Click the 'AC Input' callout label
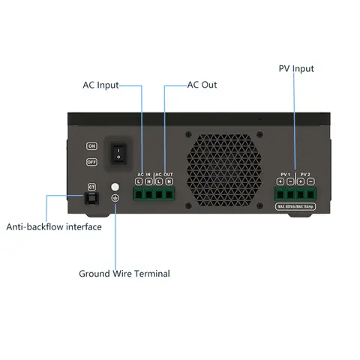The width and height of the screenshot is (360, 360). (100, 85)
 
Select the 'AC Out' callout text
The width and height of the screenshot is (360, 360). (202, 85)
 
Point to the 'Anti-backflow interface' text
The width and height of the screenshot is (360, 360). (54, 226)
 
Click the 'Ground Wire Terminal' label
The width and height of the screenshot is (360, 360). (124, 273)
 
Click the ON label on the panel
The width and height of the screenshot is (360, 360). (92, 145)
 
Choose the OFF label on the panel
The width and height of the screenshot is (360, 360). (92, 161)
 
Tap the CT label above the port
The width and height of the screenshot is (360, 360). (91, 185)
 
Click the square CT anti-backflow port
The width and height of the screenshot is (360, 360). (91, 198)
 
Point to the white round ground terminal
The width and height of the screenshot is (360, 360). (115, 186)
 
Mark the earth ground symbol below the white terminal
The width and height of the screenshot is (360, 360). (115, 198)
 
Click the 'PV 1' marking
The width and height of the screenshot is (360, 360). (284, 174)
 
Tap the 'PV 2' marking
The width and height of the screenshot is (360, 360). (305, 174)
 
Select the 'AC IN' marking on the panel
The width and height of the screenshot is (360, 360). (144, 174)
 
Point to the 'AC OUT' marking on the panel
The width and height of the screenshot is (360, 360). (164, 174)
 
